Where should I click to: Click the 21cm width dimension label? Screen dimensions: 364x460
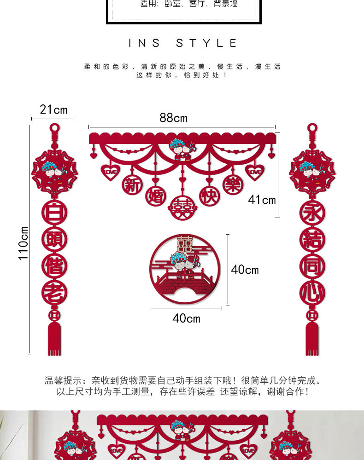pos(53,109)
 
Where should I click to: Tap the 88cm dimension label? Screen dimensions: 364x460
pos(174,118)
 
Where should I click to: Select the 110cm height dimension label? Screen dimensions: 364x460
pos(23,243)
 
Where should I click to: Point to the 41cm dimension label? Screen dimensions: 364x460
pos(262,200)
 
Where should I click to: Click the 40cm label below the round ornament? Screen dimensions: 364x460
pos(186,318)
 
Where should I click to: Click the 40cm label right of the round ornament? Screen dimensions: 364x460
pos(245,270)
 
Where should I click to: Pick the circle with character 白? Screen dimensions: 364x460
pos(54,213)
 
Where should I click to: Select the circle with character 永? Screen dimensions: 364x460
pos(312,213)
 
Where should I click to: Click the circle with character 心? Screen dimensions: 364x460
pos(312,292)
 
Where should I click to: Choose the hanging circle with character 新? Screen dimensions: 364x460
pos(132,185)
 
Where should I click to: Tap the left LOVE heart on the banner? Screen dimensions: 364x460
pos(111,172)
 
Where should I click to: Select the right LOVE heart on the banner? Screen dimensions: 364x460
pos(254,172)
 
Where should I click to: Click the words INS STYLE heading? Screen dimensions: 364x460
pos(182,43)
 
